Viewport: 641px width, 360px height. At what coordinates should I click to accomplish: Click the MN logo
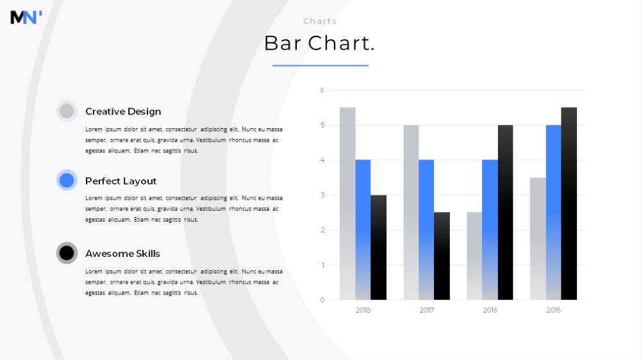[x=26, y=17]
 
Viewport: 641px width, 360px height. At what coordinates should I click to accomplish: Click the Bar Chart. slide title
[x=319, y=43]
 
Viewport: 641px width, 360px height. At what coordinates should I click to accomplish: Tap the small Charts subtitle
[x=320, y=21]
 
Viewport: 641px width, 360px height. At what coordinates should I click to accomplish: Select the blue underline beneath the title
[x=320, y=65]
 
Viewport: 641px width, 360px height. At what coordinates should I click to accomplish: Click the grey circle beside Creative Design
[x=67, y=111]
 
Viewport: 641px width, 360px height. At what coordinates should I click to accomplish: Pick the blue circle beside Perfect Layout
[x=67, y=180]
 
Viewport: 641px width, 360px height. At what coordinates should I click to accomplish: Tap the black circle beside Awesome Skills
[x=67, y=253]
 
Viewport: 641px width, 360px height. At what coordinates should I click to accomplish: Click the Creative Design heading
[x=123, y=111]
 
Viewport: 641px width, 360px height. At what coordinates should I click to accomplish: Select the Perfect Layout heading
[x=121, y=181]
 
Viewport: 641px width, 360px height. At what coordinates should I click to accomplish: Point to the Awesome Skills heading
[x=122, y=254]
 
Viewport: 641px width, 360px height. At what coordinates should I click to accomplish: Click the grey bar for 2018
[x=347, y=204]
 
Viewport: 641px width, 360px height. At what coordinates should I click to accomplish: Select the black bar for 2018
[x=379, y=248]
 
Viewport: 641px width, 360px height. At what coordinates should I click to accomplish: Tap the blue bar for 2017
[x=426, y=230]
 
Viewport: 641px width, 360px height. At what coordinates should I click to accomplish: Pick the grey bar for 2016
[x=474, y=256]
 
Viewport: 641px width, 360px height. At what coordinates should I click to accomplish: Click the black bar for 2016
[x=505, y=213]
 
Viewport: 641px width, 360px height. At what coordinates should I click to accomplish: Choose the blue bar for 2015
[x=554, y=213]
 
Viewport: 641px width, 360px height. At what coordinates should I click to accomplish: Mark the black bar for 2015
[x=569, y=204]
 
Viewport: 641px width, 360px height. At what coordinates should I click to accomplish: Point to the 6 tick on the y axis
[x=322, y=90]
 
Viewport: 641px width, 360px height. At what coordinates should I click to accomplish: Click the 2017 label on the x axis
[x=426, y=310]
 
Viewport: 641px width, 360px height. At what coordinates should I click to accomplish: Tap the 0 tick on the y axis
[x=322, y=300]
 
